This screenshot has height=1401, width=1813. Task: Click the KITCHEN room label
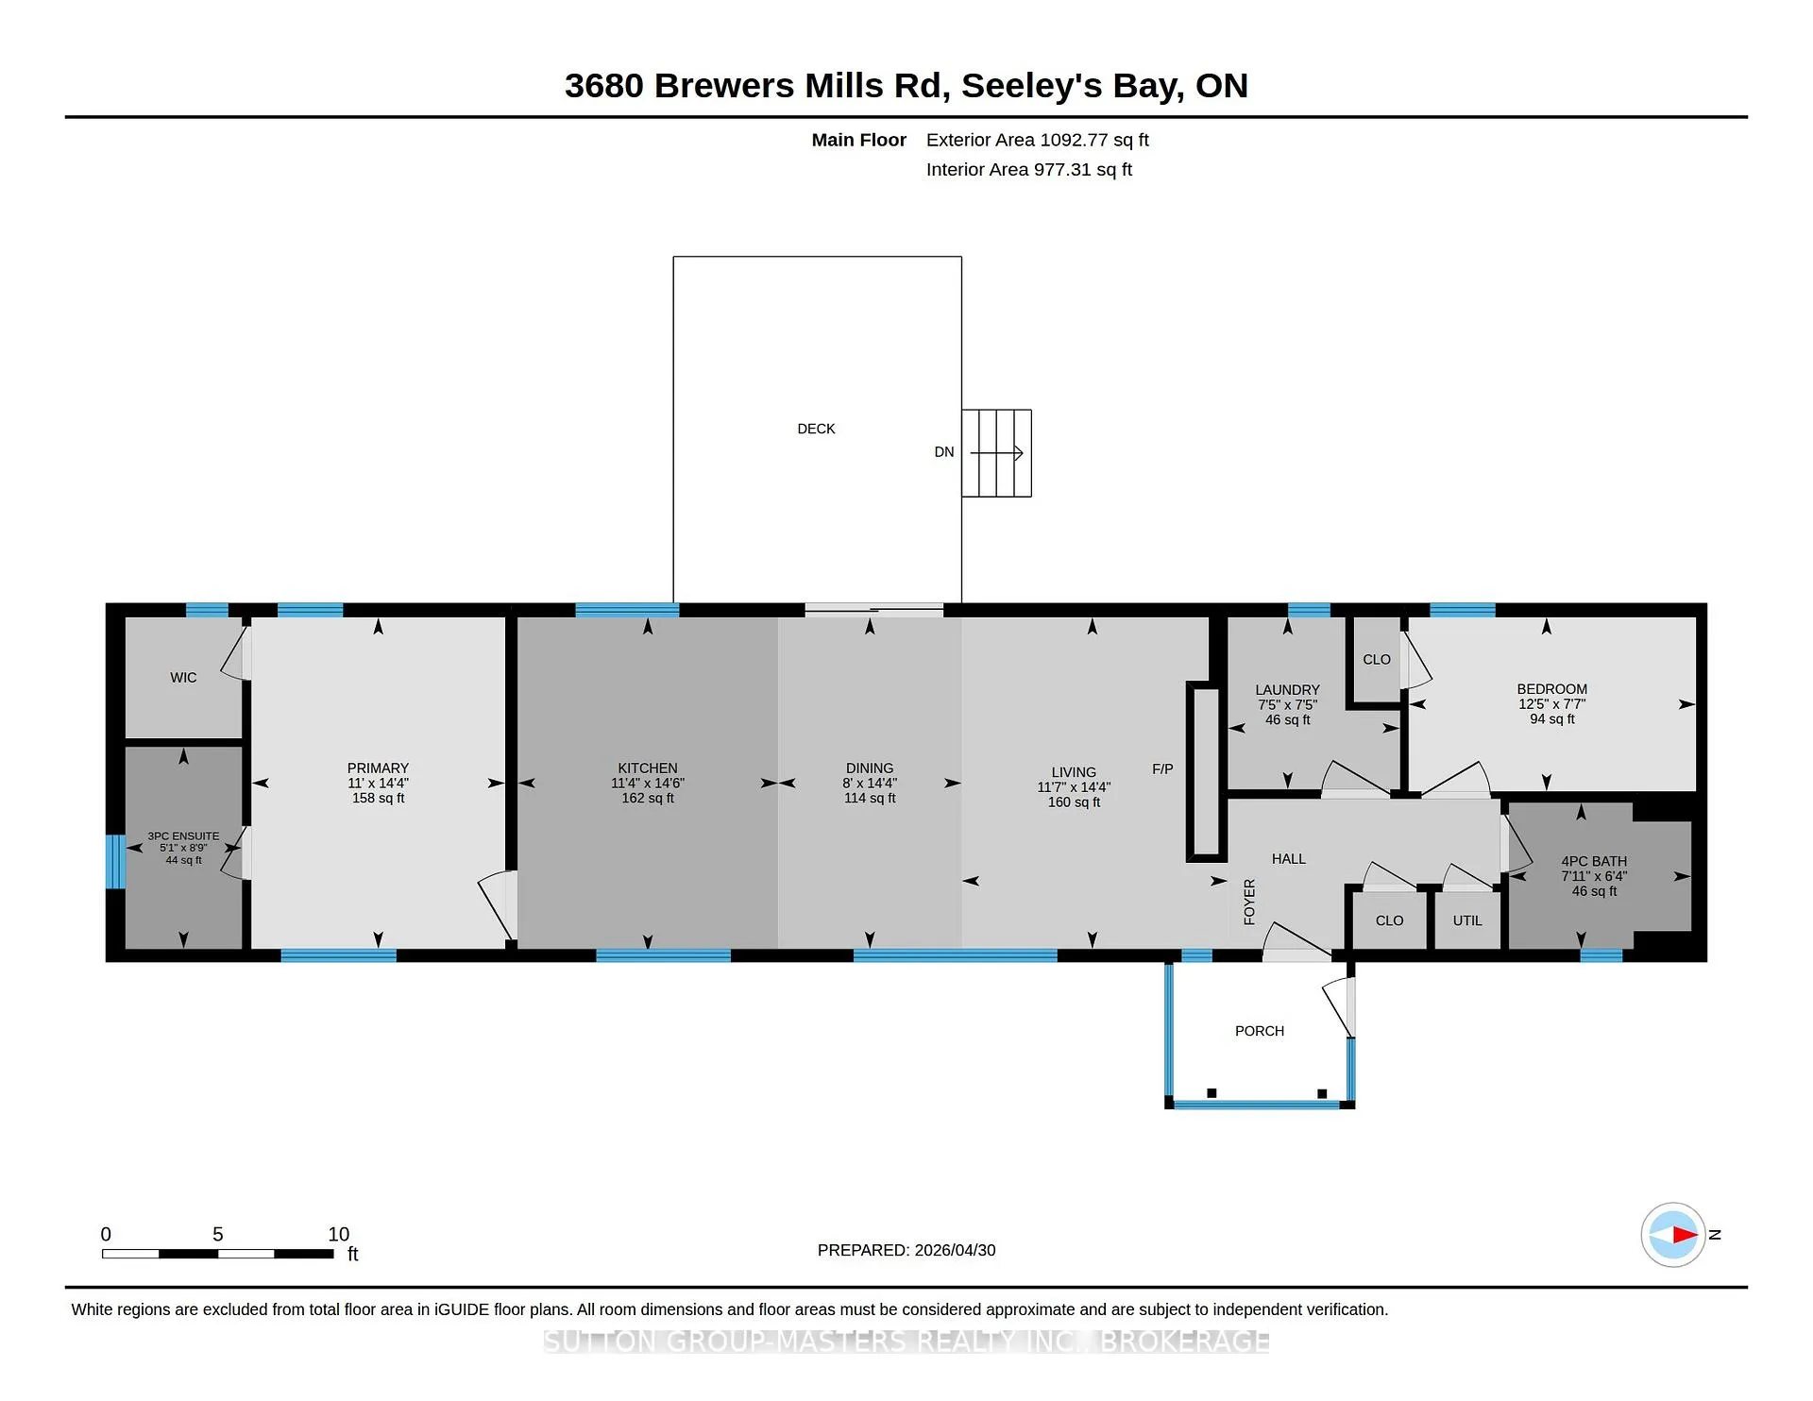click(648, 768)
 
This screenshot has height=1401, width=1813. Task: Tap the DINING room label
click(870, 768)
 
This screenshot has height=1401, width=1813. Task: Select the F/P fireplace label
click(1162, 769)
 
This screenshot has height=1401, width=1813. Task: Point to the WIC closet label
click(183, 678)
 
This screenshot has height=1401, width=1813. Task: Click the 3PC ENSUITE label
click(183, 836)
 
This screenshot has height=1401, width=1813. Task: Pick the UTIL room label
click(1467, 920)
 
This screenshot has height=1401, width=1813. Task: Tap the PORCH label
click(1260, 1031)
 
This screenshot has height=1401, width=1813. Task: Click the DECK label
click(816, 429)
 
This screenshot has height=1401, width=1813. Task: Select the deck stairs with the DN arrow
click(996, 453)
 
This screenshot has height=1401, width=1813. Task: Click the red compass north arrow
click(1685, 1234)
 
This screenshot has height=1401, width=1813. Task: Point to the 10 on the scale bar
click(339, 1234)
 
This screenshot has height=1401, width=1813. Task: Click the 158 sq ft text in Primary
click(378, 799)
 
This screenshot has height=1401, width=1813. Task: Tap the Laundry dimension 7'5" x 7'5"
click(1287, 705)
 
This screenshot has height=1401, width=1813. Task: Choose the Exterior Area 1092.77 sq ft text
click(1038, 140)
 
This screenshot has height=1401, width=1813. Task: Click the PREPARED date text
click(906, 1250)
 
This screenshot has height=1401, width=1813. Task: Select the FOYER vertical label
click(1249, 902)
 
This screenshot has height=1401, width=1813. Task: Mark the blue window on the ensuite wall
click(114, 861)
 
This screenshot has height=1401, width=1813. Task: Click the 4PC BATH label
click(1594, 861)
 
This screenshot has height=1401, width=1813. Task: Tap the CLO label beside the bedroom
click(1377, 660)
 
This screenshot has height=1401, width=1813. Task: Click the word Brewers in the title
click(723, 86)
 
